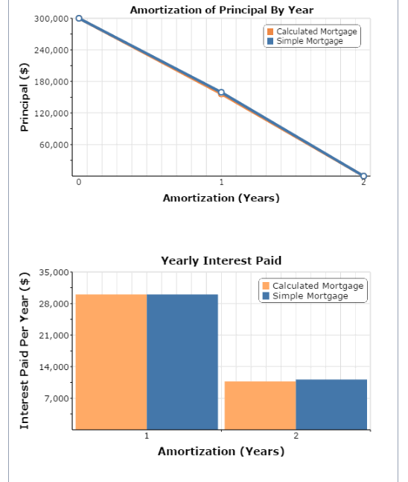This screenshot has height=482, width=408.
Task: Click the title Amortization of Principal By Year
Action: click(221, 10)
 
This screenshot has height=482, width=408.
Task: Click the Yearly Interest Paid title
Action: click(221, 260)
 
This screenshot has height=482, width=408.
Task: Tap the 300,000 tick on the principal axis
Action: click(51, 19)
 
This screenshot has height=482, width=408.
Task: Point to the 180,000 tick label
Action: click(51, 81)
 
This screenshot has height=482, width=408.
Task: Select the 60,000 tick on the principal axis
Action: click(54, 145)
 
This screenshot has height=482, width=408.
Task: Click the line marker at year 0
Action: click(79, 19)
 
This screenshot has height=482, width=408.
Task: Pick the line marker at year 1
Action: click(221, 93)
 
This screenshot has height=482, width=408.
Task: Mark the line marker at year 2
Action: click(363, 176)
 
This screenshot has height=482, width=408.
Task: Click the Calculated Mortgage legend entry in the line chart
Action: click(312, 31)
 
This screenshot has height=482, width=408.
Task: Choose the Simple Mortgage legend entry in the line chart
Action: click(305, 41)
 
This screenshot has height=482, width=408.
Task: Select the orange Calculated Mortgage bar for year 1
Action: click(111, 362)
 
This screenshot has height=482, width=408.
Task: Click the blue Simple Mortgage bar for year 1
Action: click(182, 362)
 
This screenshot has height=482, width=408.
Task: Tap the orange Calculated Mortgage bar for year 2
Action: click(260, 405)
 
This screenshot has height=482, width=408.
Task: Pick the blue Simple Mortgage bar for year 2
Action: click(331, 404)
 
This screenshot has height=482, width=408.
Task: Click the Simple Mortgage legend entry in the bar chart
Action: click(305, 295)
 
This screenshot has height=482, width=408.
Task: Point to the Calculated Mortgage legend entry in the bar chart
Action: click(313, 286)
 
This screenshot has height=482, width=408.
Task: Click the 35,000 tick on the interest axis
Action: click(54, 272)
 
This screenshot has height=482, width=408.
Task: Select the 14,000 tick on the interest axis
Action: click(54, 367)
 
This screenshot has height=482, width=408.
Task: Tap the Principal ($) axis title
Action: click(25, 97)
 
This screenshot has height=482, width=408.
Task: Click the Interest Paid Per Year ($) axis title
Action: click(25, 351)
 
